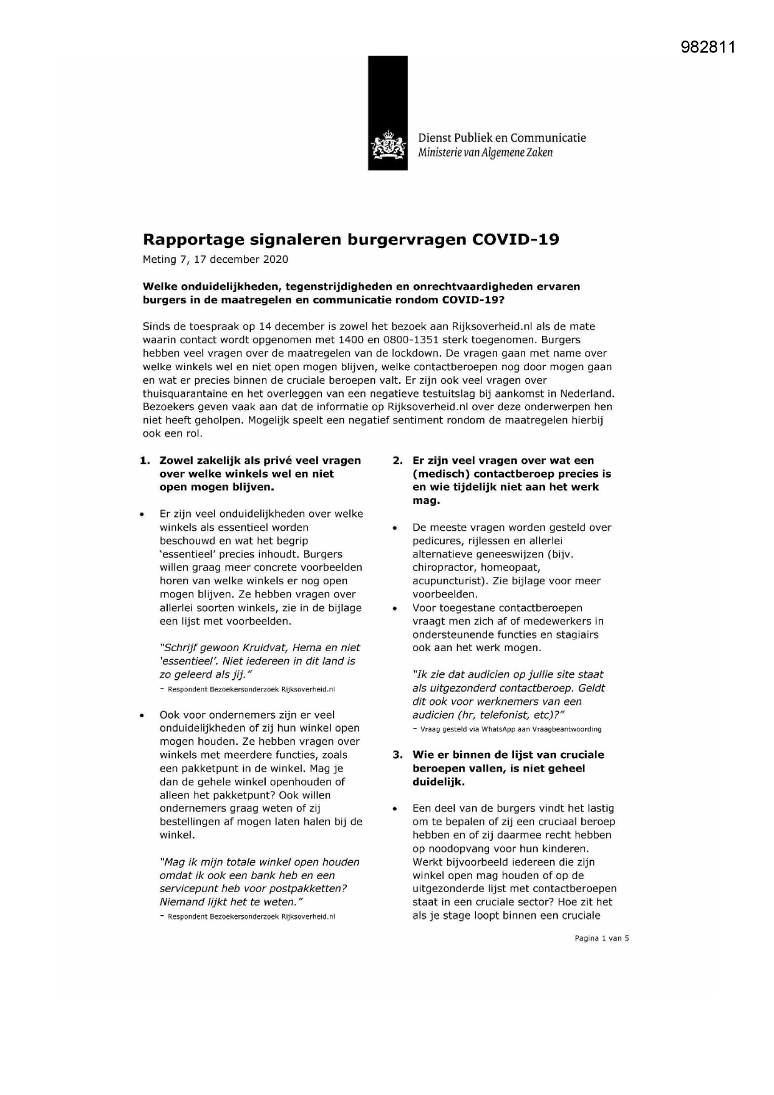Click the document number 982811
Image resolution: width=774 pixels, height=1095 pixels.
[708, 47]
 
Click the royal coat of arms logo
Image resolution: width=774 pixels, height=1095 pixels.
[387, 145]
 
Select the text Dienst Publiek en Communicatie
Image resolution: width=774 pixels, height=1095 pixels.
[501, 138]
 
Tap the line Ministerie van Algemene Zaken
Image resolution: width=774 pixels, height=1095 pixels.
[485, 152]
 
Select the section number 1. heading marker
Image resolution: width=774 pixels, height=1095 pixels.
[145, 461]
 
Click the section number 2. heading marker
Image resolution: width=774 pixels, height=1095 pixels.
[397, 461]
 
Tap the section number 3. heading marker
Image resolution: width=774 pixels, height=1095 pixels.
[397, 755]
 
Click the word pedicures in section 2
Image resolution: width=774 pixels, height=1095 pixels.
[435, 541]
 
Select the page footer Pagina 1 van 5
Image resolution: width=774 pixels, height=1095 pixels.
[601, 938]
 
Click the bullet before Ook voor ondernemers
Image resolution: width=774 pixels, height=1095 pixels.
[143, 715]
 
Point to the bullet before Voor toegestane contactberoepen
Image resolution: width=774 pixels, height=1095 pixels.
[395, 608]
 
